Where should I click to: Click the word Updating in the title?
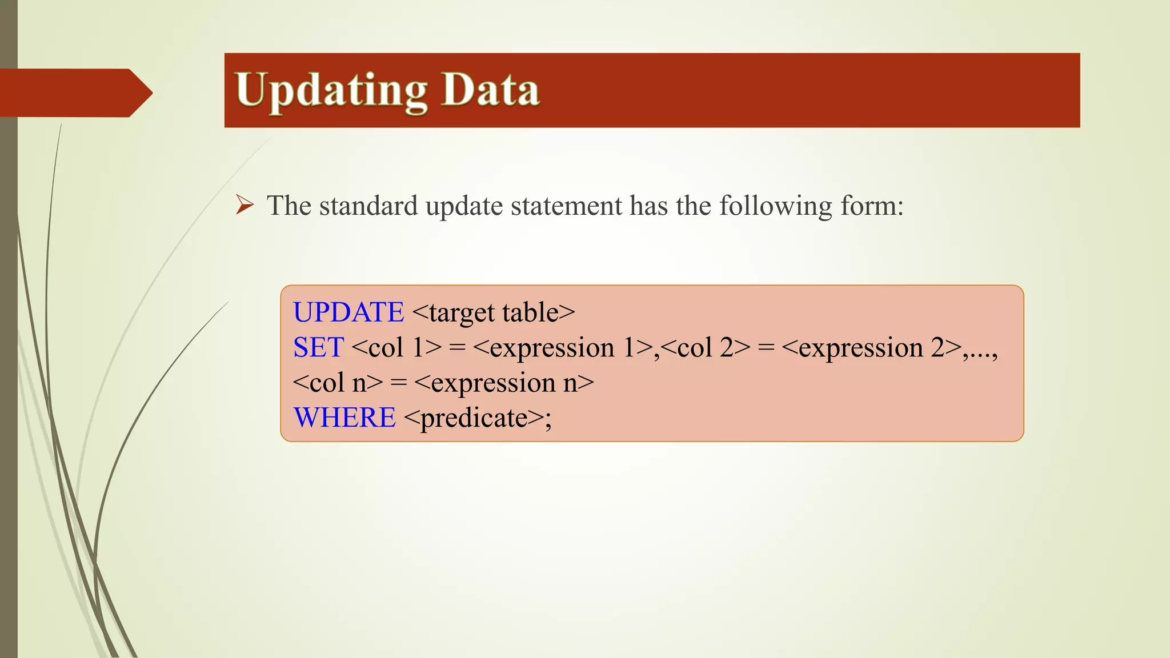coord(331,90)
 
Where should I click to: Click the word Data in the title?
coord(491,90)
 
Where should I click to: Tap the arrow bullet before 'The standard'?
coord(245,204)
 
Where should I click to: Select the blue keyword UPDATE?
coord(348,312)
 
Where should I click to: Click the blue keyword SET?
coord(318,347)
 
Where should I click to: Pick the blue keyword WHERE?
coord(344,418)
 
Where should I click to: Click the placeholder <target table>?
coord(493,312)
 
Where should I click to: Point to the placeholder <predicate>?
coord(474,418)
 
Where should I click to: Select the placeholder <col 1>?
coord(397,347)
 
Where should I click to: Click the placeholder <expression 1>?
coord(563,347)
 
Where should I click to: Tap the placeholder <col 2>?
coord(705,347)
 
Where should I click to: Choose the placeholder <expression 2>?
coord(871,347)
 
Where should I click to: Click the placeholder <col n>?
coord(338,383)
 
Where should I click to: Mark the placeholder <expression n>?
coord(504,383)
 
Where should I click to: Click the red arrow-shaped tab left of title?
coord(74,93)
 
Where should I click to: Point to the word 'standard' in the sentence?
coord(368,206)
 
